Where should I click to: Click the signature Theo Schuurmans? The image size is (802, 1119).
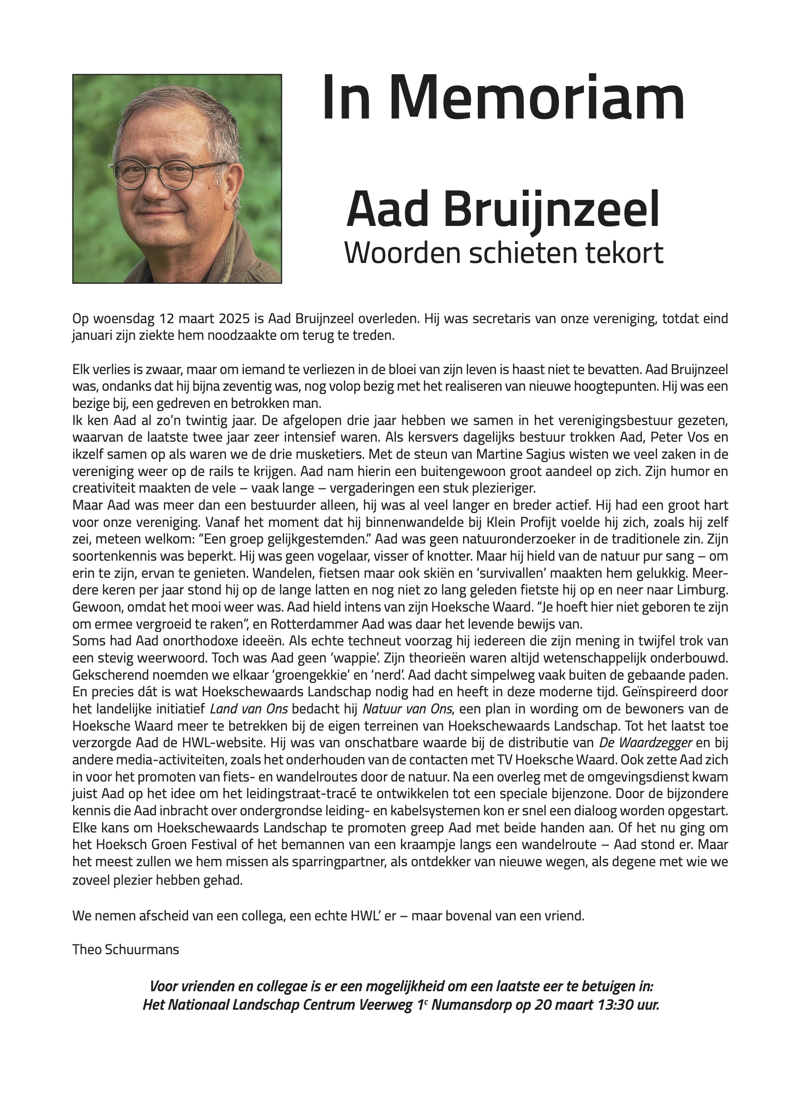pyautogui.click(x=125, y=949)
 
